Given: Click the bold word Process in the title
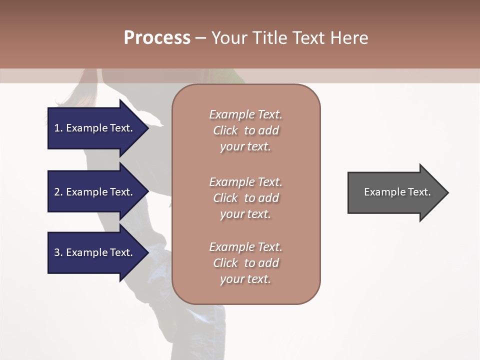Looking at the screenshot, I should [157, 38].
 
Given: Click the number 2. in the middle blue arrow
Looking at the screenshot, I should [58, 192].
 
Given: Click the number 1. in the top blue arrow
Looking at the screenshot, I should [58, 128].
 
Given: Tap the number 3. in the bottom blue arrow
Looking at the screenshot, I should [58, 252].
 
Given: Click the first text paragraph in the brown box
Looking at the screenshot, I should [245, 130].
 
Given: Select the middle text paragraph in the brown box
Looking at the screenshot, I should [245, 198].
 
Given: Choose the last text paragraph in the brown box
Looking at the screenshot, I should [245, 263].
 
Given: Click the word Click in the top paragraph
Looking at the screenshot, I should [225, 130].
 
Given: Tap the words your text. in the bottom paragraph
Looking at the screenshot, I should [245, 279].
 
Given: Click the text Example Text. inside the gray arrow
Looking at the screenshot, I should [397, 192].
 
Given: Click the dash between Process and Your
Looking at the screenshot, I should [200, 38].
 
